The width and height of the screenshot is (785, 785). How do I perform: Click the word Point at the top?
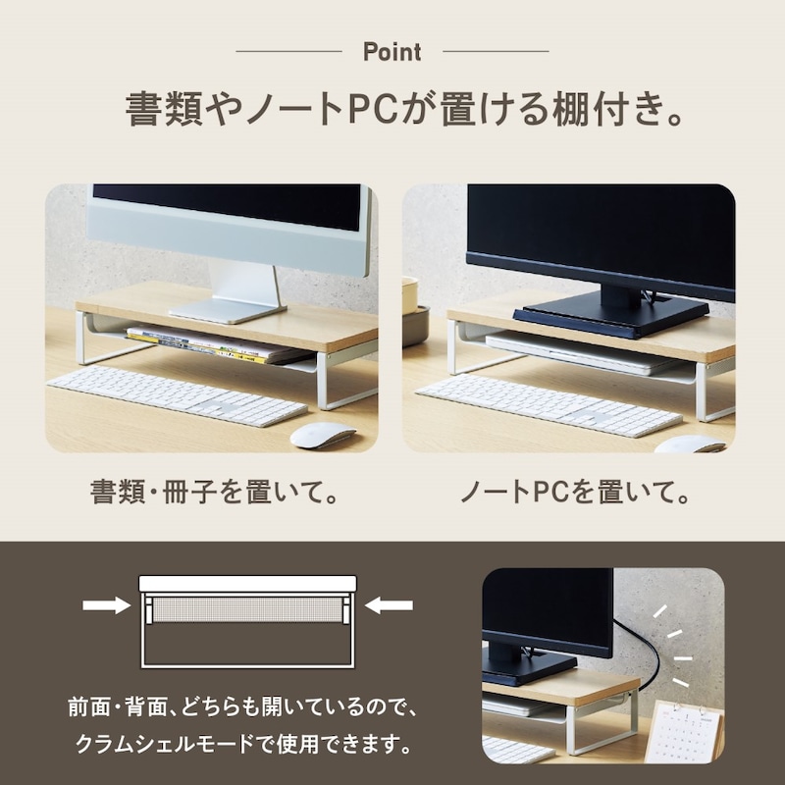click(392, 52)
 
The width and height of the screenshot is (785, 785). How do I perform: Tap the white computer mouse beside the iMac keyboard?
click(323, 435)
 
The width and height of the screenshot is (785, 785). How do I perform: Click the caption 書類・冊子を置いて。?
click(214, 492)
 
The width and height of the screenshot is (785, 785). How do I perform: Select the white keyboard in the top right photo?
click(549, 404)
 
